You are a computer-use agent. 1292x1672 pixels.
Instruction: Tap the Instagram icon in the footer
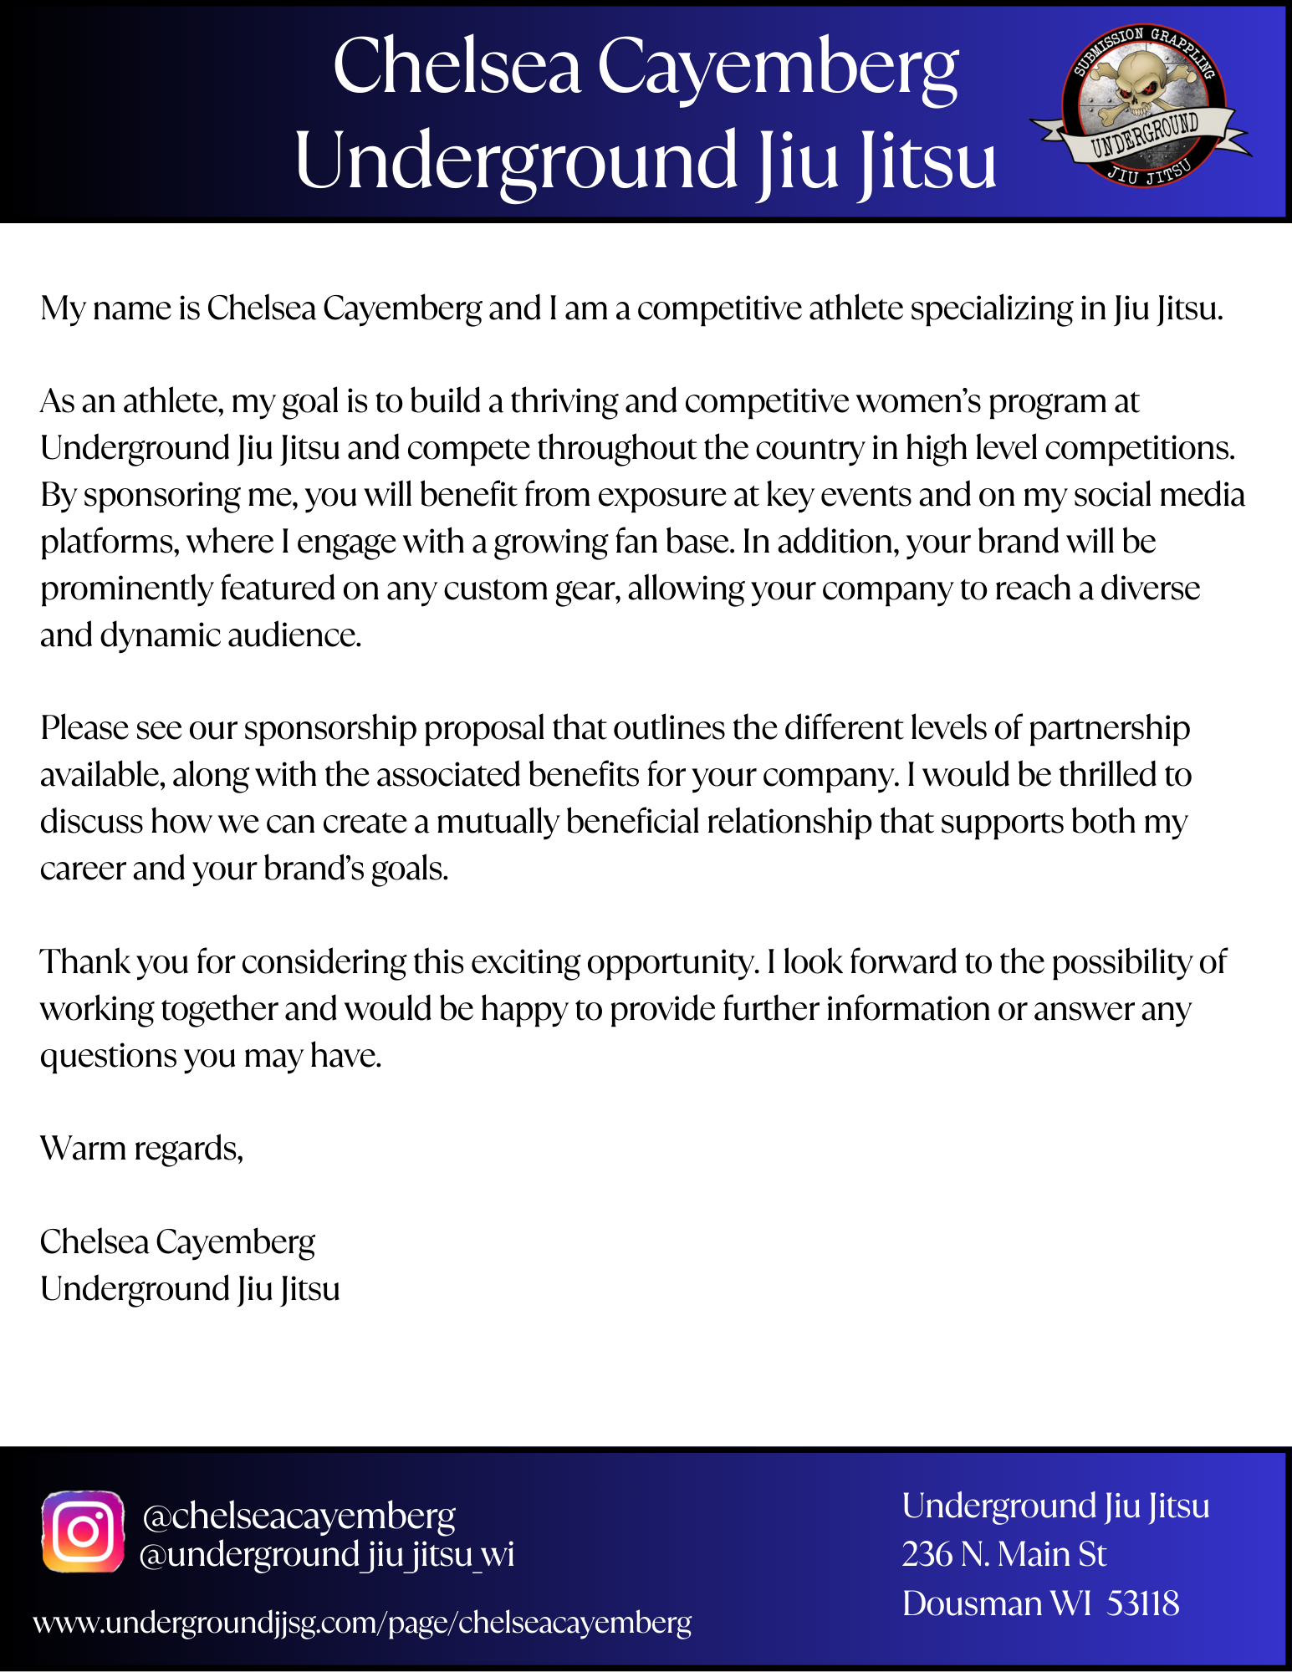pos(83,1532)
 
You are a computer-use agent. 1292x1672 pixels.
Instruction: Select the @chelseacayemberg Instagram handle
pos(299,1516)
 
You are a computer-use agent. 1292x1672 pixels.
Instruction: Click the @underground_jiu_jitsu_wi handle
pos(326,1555)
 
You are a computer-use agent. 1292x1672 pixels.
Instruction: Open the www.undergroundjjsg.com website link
pos(362,1623)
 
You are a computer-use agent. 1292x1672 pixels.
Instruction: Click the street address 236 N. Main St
pos(1003,1555)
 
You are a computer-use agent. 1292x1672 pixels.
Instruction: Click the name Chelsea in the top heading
pos(457,67)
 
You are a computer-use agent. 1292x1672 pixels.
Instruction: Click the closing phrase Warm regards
pos(141,1149)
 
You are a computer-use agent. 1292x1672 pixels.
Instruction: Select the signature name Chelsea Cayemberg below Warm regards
pos(177,1242)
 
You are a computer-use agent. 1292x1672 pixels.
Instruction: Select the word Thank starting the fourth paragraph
pos(84,962)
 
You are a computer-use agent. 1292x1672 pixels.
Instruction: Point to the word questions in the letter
pos(108,1057)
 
